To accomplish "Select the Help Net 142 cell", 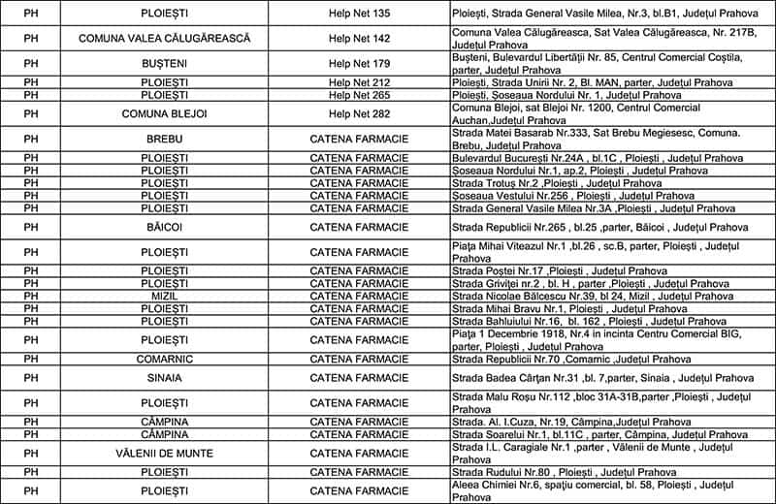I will tap(359, 38).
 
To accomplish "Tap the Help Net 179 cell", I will tap(359, 64).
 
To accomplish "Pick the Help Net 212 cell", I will tap(359, 83).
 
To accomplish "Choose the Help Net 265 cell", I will tap(359, 95).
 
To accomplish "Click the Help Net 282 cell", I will tap(359, 114).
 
